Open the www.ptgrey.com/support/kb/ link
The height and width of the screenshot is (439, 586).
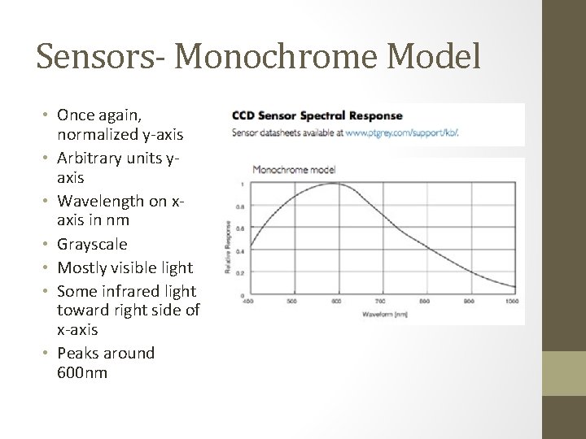[402, 131]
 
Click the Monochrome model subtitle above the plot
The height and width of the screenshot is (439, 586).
[294, 170]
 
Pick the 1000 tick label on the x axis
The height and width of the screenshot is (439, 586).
[511, 300]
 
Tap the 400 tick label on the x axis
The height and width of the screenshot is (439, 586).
[248, 300]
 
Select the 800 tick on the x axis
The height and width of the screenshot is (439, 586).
[424, 300]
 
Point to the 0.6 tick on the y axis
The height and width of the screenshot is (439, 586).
[240, 229]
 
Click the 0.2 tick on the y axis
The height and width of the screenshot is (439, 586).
[240, 273]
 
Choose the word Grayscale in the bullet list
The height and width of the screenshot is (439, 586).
[92, 244]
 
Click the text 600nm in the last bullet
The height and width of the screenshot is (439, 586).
[82, 373]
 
